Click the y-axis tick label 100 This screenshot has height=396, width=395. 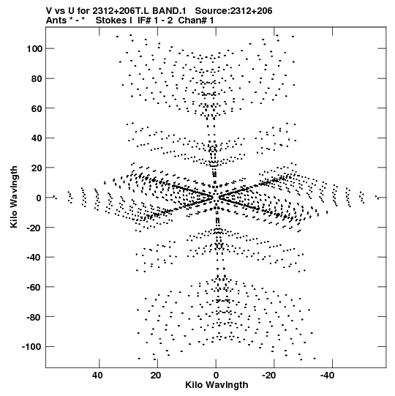click(x=34, y=48)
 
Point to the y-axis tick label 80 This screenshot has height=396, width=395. click(x=37, y=78)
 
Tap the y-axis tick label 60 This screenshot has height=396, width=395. click(x=37, y=108)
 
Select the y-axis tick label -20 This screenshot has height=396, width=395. click(x=34, y=228)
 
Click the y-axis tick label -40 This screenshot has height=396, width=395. click(x=34, y=258)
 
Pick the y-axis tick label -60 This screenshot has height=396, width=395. click(x=34, y=287)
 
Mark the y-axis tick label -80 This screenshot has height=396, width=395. click(x=34, y=317)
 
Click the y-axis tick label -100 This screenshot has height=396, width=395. click(x=31, y=347)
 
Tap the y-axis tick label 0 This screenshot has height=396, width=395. click(x=39, y=198)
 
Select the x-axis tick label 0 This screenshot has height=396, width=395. click(x=216, y=376)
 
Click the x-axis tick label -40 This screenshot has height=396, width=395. click(x=327, y=376)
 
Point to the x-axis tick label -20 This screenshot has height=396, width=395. click(x=268, y=376)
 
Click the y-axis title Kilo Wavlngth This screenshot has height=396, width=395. click(x=14, y=197)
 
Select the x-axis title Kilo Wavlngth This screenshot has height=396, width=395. click(x=217, y=385)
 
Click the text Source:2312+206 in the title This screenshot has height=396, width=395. click(x=234, y=11)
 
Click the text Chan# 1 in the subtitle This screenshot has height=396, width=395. click(x=196, y=20)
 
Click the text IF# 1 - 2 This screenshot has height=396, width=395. click(x=155, y=20)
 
